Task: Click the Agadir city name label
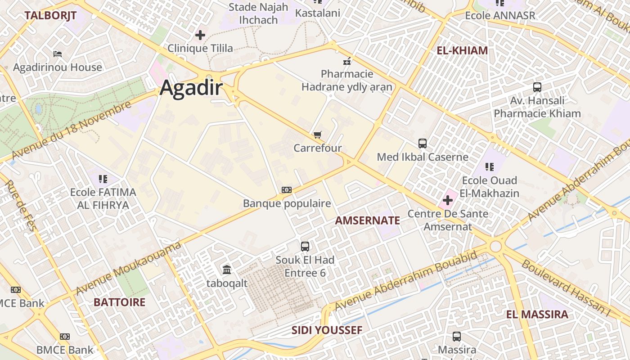pyautogui.click(x=191, y=88)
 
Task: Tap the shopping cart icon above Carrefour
pyautogui.click(x=318, y=135)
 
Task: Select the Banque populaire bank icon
pyautogui.click(x=287, y=190)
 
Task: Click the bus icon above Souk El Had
pyautogui.click(x=305, y=246)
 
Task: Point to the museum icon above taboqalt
pyautogui.click(x=227, y=270)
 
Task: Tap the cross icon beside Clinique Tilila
pyautogui.click(x=200, y=35)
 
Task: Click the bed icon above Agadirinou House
pyautogui.click(x=58, y=54)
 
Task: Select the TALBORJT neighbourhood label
pyautogui.click(x=50, y=15)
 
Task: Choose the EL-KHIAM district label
pyautogui.click(x=462, y=50)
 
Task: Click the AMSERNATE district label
pyautogui.click(x=368, y=220)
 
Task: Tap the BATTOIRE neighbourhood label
pyautogui.click(x=119, y=302)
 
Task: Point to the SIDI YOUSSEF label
pyautogui.click(x=327, y=330)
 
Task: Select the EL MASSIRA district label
pyautogui.click(x=537, y=314)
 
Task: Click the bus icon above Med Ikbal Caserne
pyautogui.click(x=423, y=144)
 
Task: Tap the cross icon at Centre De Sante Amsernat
pyautogui.click(x=448, y=200)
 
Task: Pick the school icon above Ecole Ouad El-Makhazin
pyautogui.click(x=490, y=167)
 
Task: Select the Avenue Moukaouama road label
pyautogui.click(x=128, y=268)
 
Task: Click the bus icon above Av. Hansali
pyautogui.click(x=537, y=87)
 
